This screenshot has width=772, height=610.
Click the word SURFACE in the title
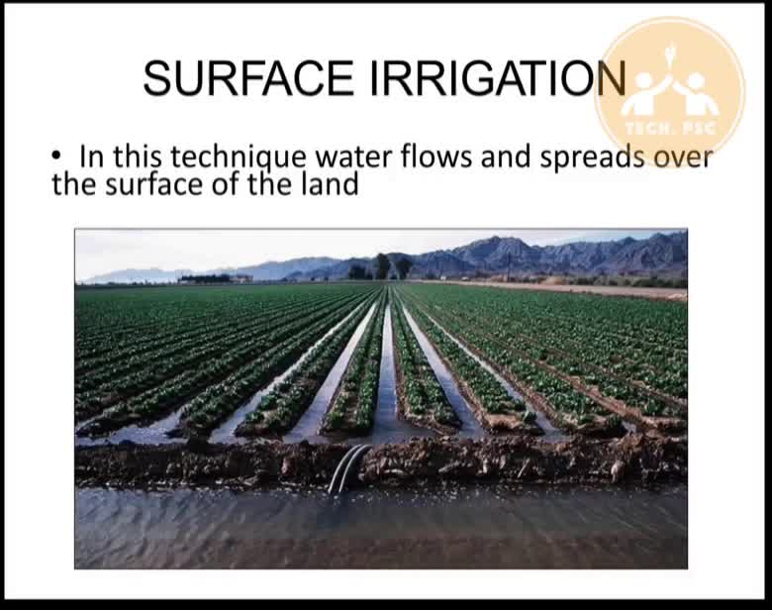[x=248, y=78]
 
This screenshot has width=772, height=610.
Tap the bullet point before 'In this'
[x=56, y=156]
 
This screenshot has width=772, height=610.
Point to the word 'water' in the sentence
[x=354, y=157]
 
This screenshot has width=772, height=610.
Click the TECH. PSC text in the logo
[x=670, y=129]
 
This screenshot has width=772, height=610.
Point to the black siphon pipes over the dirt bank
[x=349, y=467]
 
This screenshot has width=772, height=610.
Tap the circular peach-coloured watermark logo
[x=670, y=92]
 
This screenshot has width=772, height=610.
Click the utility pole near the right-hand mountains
[x=509, y=267]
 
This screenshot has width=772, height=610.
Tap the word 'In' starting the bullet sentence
[x=92, y=156]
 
